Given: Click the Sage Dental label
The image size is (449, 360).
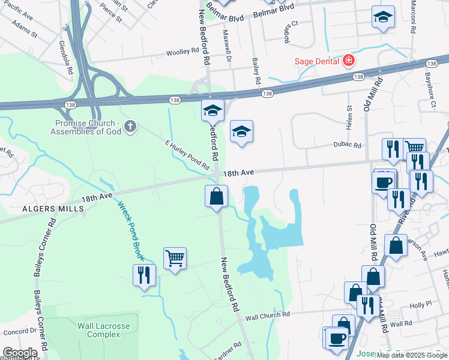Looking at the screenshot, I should [x=316, y=61].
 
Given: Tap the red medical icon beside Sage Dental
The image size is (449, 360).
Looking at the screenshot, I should [x=348, y=61].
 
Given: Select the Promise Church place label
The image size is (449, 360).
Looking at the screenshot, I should [x=85, y=125].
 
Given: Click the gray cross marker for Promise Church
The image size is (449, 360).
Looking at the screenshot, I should [x=130, y=126].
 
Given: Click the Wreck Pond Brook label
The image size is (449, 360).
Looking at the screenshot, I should [x=131, y=230].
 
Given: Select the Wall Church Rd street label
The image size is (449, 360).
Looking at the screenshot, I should [x=268, y=315].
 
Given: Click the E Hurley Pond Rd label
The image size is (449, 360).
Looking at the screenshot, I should [x=190, y=154].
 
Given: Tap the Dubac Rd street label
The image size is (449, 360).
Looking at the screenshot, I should [x=348, y=145].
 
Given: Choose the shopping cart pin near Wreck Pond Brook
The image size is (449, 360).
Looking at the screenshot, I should [x=175, y=259].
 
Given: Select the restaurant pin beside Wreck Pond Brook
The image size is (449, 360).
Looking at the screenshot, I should [x=144, y=275].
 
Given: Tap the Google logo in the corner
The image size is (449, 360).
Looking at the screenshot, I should [x=19, y=353].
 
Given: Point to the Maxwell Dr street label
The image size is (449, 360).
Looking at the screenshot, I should [x=228, y=47].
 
